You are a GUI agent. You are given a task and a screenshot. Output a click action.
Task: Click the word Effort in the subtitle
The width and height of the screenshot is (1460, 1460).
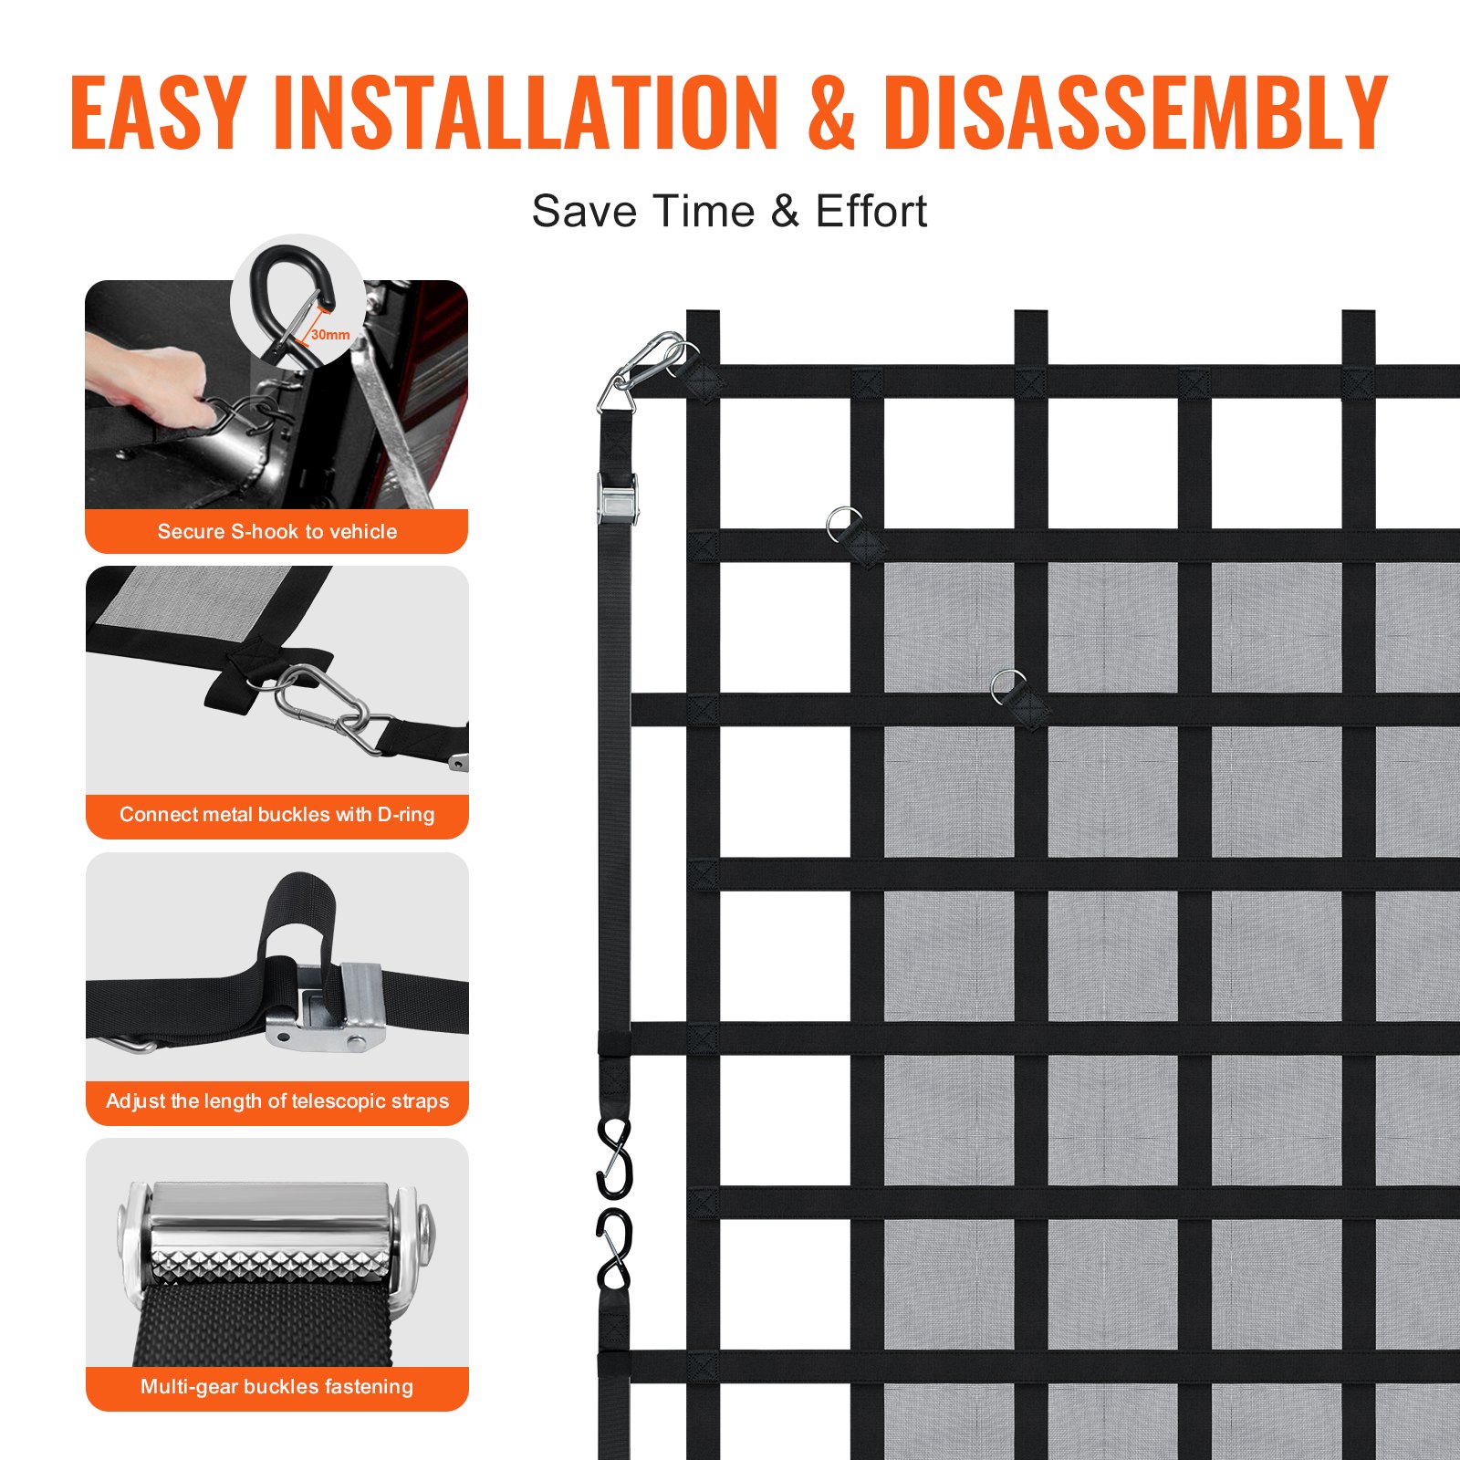[871, 212]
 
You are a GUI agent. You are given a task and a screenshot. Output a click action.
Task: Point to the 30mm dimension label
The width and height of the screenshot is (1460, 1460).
[330, 335]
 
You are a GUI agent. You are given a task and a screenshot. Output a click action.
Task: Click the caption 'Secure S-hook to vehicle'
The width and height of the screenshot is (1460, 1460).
[276, 531]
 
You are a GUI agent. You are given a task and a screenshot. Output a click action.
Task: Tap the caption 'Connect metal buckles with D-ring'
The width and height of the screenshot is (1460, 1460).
[276, 814]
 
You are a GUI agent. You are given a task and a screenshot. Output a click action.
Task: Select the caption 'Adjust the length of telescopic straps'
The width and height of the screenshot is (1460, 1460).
[276, 1100]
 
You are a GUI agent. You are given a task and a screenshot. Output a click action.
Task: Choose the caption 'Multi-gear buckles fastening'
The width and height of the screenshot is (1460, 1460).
[276, 1387]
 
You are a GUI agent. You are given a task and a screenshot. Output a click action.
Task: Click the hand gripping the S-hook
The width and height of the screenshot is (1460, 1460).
[151, 383]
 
